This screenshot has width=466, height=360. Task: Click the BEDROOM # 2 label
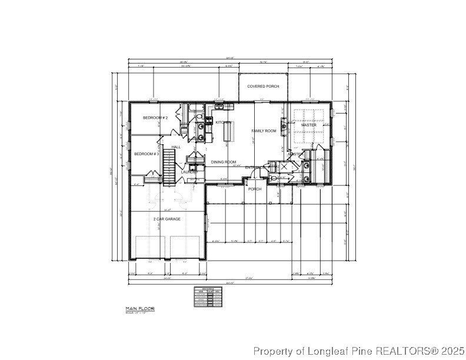pos(155,118)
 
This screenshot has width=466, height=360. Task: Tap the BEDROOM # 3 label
pos(147,154)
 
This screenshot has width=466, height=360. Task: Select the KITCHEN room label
pos(224,122)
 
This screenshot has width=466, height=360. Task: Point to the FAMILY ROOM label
pos(264,131)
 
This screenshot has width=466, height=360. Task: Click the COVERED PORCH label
pos(263,86)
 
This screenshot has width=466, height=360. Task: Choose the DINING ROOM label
pos(224,162)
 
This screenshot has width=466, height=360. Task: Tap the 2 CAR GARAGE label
pos(167,219)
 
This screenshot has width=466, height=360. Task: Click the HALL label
pos(176,146)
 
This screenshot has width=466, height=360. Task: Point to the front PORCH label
pos(255,189)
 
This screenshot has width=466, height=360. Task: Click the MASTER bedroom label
pos(309,125)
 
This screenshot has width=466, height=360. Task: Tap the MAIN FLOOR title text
pos(139,308)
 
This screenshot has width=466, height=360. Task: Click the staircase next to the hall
pos(169,166)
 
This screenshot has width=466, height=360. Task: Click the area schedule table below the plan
pos(208,296)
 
